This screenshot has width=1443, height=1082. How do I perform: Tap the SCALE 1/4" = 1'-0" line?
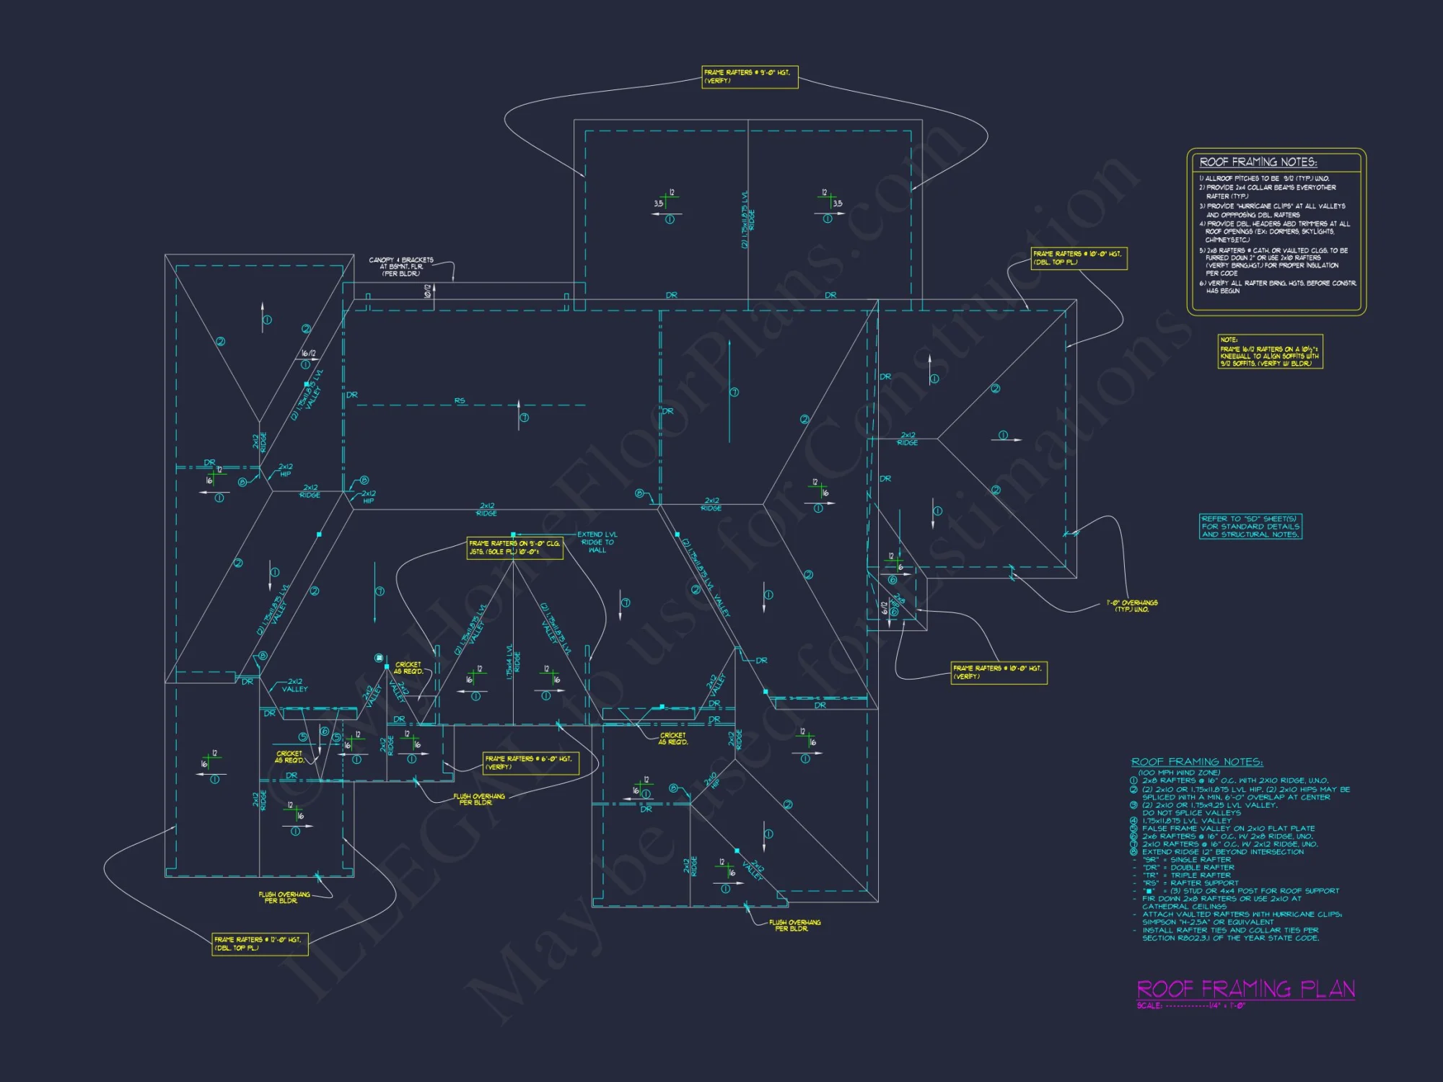pyautogui.click(x=1190, y=1006)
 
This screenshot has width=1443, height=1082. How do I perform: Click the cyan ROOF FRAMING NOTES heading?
pyautogui.click(x=1197, y=762)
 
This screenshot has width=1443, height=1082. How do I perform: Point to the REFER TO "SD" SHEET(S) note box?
pyautogui.click(x=1250, y=527)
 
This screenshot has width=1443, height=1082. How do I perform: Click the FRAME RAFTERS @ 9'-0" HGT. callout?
pyautogui.click(x=750, y=76)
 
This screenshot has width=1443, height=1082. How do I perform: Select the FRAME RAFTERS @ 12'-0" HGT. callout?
pyautogui.click(x=260, y=944)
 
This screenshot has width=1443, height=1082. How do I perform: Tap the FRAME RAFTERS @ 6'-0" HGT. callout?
pyautogui.click(x=530, y=762)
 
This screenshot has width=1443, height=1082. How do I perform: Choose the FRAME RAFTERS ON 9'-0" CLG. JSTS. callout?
pyautogui.click(x=514, y=547)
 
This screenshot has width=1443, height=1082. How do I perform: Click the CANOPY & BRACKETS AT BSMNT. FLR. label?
pyautogui.click(x=401, y=266)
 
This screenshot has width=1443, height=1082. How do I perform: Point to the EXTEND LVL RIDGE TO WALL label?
pyautogui.click(x=597, y=542)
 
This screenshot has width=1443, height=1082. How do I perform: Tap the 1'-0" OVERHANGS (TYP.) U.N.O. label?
pyautogui.click(x=1132, y=606)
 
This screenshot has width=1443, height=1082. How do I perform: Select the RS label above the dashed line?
pyautogui.click(x=460, y=400)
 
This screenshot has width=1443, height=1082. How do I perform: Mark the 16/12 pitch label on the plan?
pyautogui.click(x=308, y=353)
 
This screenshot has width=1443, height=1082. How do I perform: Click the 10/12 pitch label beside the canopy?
pyautogui.click(x=427, y=291)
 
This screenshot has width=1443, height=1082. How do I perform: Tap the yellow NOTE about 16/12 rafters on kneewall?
pyautogui.click(x=1270, y=351)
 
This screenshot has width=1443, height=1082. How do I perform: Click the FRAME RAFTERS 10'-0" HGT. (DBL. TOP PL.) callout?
pyautogui.click(x=1079, y=258)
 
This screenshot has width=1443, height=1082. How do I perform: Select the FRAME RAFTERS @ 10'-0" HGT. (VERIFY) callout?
pyautogui.click(x=999, y=672)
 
